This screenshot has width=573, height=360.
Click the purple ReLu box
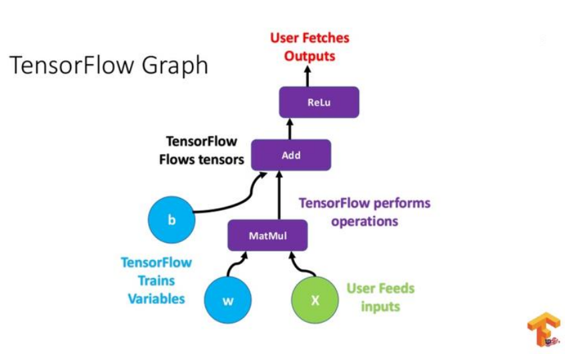tap(319, 103)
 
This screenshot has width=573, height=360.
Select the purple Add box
tap(291, 155)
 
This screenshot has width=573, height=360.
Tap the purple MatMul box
tap(267, 235)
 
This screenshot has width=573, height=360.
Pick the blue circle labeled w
tap(228, 300)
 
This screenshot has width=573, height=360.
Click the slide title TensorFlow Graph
tap(109, 66)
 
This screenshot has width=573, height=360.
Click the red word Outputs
tap(309, 56)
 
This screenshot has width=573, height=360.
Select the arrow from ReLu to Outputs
tap(308, 77)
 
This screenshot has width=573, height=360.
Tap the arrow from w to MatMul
tap(235, 266)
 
